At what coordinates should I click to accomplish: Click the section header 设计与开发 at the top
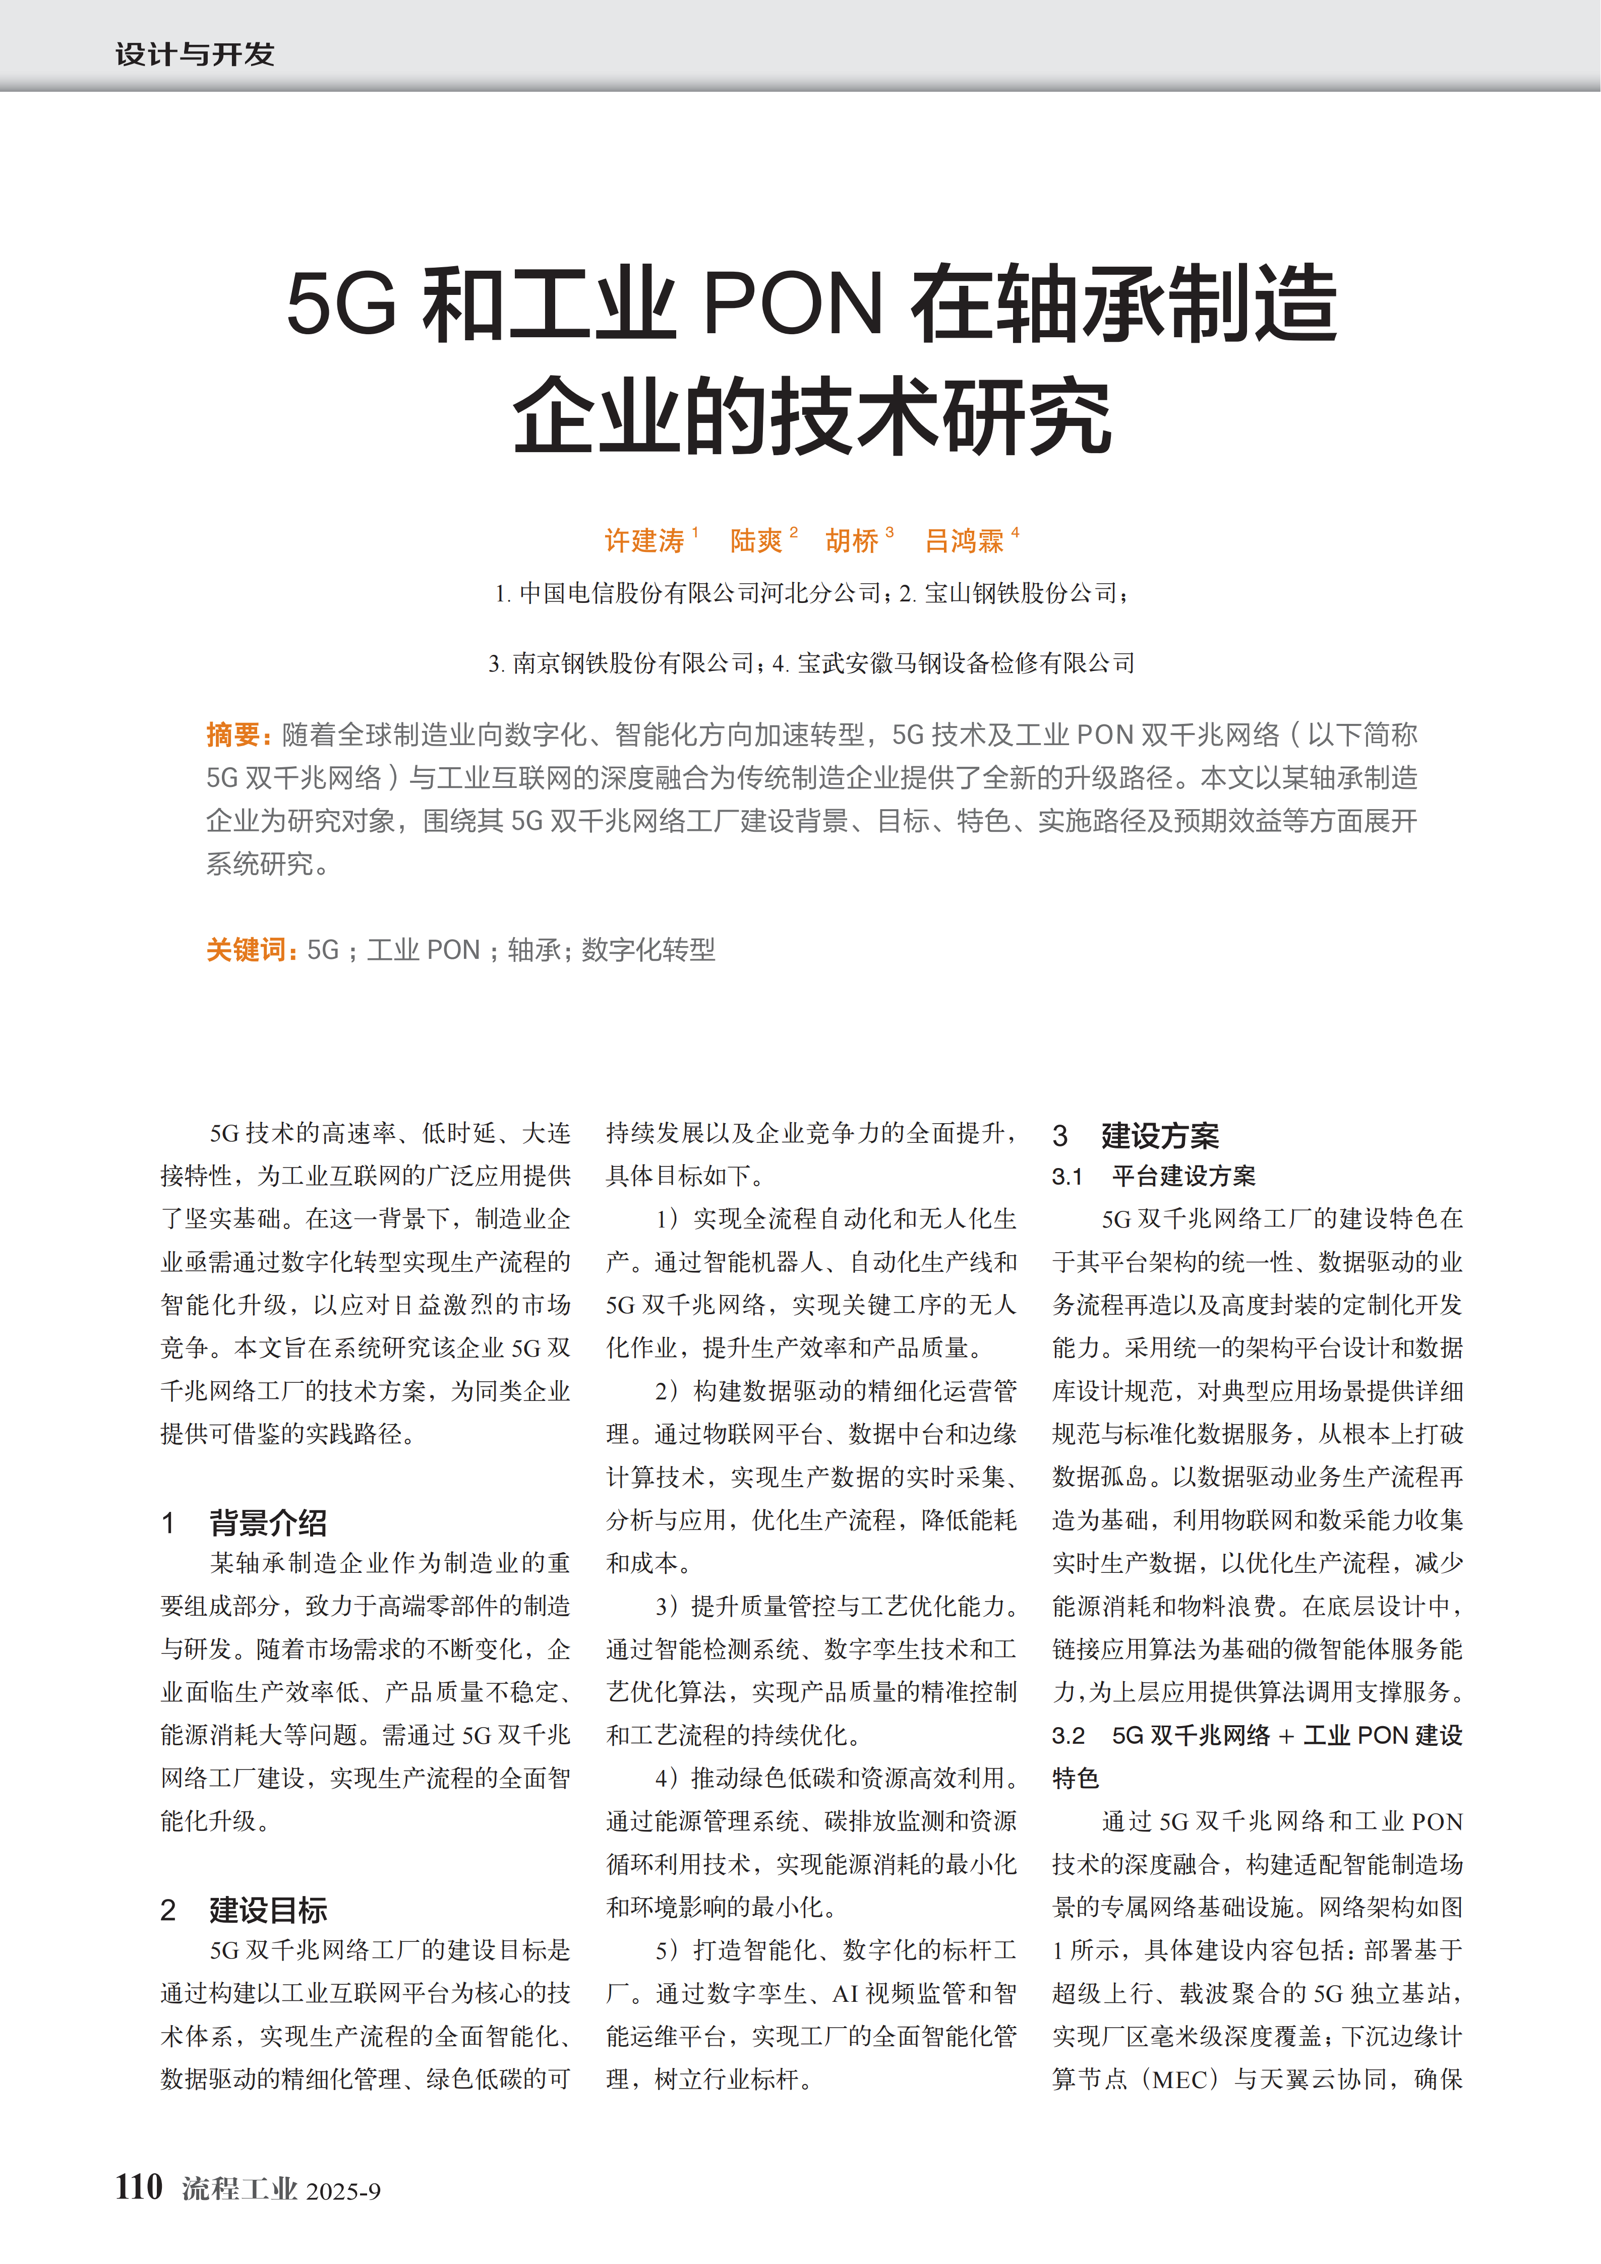194,54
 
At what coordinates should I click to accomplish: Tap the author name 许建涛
644,540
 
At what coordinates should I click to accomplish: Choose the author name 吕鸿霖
964,540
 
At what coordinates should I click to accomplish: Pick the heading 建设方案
1160,1136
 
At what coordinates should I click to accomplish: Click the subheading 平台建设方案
1184,1177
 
